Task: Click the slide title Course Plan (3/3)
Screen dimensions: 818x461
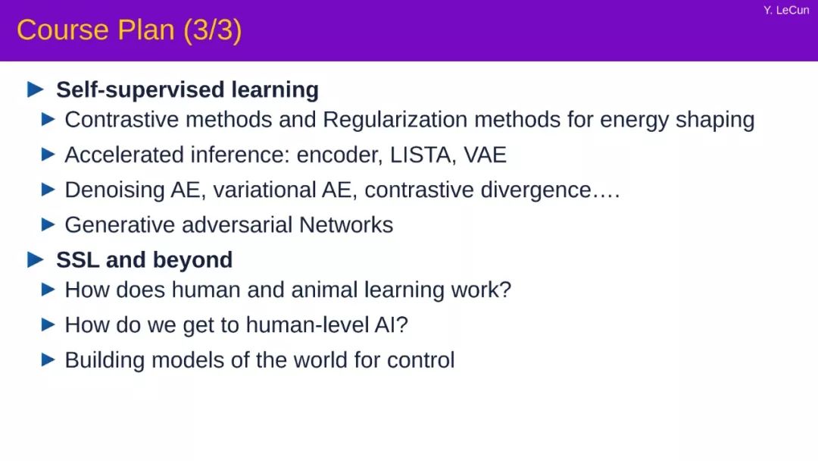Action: pos(130,30)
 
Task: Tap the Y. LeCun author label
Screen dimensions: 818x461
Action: pos(786,11)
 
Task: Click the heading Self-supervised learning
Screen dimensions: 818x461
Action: pos(187,89)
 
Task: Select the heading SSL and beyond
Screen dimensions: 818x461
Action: pos(145,260)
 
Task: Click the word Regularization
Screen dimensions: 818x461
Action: pos(395,120)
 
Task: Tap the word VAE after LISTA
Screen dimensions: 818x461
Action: pos(485,155)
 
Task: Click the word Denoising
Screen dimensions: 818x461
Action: pos(115,190)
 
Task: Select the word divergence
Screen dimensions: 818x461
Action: pos(535,190)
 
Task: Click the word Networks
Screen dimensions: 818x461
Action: pos(346,225)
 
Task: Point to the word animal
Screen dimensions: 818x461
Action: pos(324,290)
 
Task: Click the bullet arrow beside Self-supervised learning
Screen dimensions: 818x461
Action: pos(35,89)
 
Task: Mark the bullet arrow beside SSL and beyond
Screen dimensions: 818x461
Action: pos(35,259)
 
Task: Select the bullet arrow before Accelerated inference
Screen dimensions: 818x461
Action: pos(48,154)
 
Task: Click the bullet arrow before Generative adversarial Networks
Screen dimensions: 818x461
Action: pos(48,224)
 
